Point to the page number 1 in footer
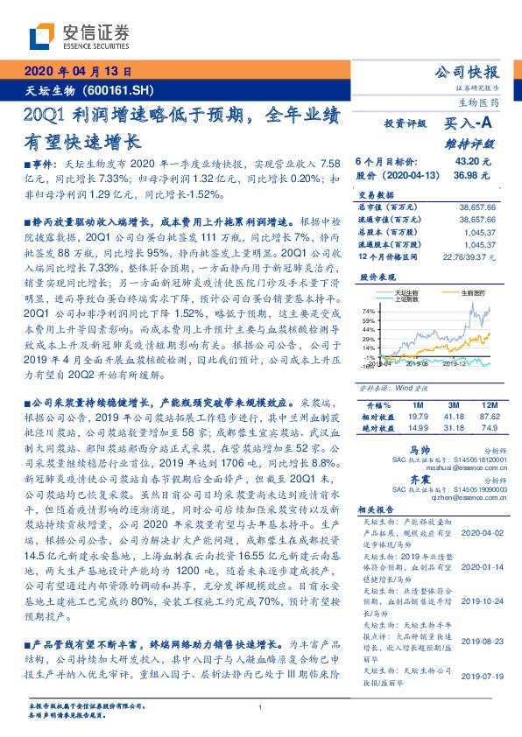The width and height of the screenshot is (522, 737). pos(261,708)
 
